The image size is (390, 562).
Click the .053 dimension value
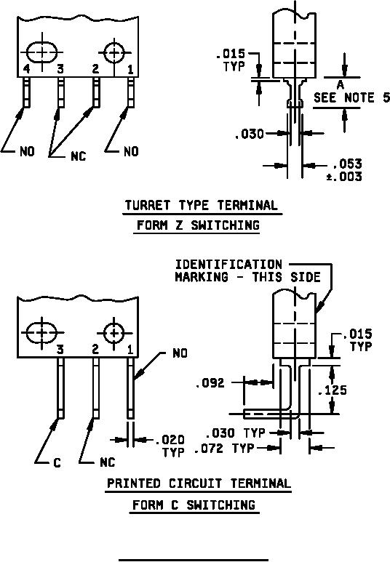[x=347, y=164]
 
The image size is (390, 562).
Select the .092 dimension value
[x=210, y=383]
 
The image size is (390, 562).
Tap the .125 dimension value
[x=333, y=390]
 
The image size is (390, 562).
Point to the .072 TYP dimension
[x=224, y=449]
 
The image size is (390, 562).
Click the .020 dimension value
[x=170, y=439]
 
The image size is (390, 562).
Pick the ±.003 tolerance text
[x=344, y=177]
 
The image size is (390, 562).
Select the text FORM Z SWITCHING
[x=198, y=225]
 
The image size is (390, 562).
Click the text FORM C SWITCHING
[x=194, y=505]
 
